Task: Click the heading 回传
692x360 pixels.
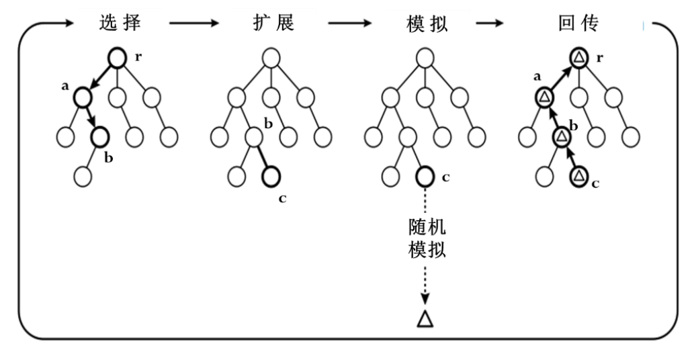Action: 578,23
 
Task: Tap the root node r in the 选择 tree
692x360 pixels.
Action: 117,58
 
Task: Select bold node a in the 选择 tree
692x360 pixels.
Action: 82,98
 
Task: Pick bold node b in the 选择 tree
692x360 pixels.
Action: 99,138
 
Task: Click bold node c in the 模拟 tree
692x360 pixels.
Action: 425,177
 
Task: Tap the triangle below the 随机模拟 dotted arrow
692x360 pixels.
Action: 425,318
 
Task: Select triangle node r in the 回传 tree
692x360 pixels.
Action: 578,58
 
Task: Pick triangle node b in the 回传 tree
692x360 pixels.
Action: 561,138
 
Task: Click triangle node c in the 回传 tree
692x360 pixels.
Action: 578,177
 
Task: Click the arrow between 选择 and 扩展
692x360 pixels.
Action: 193,24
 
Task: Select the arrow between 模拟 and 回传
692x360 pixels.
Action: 494,24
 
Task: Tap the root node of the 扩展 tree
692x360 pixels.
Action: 271,58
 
